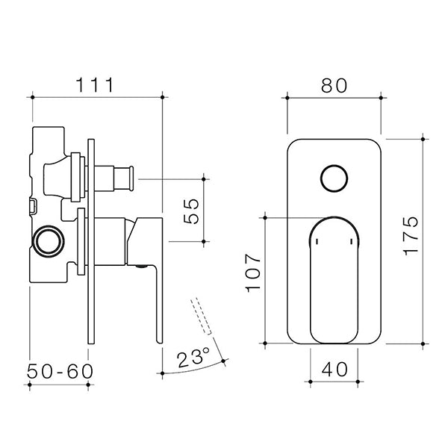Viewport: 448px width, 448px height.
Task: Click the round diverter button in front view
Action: (x=334, y=180)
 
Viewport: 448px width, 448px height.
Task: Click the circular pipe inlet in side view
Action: (x=49, y=241)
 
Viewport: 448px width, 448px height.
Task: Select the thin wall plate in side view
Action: (x=90, y=239)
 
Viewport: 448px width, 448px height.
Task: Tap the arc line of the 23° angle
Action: (x=194, y=372)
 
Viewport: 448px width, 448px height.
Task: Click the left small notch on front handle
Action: (x=316, y=243)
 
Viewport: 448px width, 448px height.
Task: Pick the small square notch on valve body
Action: (x=33, y=202)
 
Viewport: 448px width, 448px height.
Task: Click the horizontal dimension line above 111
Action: (x=96, y=96)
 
